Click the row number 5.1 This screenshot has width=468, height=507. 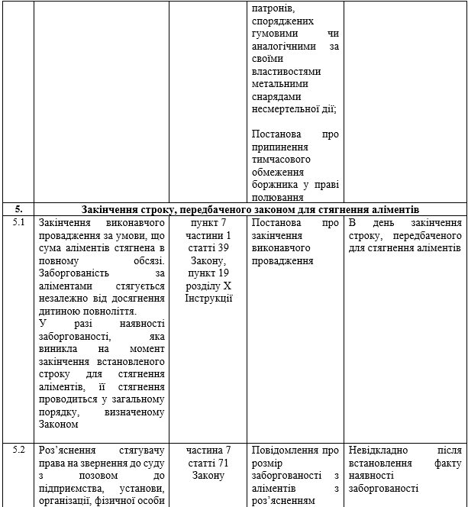click(18, 223)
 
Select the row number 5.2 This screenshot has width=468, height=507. click(18, 450)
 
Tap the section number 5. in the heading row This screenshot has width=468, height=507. click(18, 209)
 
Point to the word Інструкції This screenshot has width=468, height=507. click(208, 298)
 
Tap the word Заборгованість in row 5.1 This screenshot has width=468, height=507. click(74, 273)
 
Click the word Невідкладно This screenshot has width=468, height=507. click(380, 450)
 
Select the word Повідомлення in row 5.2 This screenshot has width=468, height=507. click(286, 450)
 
